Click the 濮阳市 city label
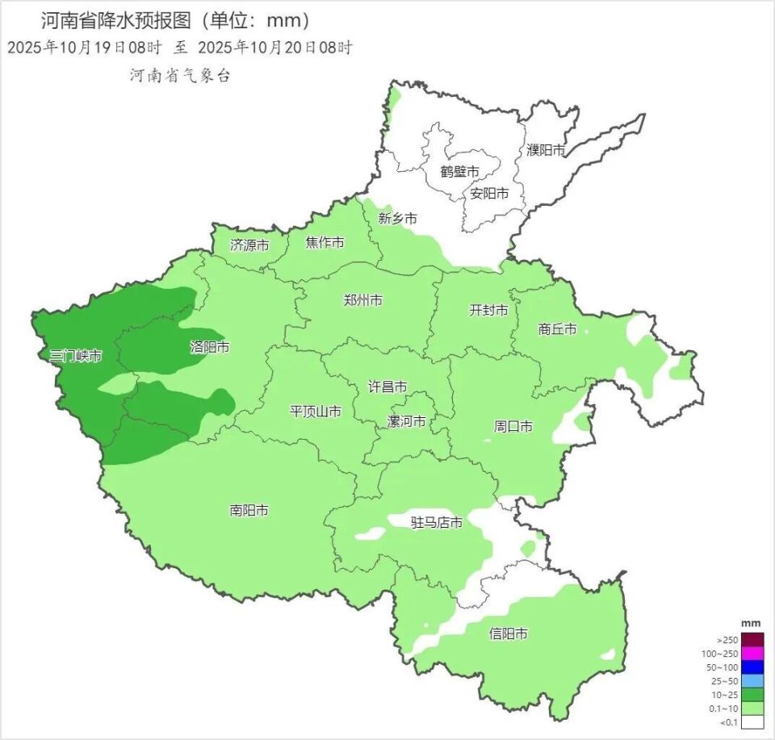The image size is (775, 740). (547, 150)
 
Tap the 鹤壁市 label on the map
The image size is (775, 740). (460, 172)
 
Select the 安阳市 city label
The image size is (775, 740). (490, 194)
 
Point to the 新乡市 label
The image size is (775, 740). (398, 219)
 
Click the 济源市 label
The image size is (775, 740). (249, 245)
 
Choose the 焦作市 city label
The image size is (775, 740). (325, 243)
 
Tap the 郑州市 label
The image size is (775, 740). (363, 300)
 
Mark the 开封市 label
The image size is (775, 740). (489, 310)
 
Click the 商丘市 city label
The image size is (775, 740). (558, 329)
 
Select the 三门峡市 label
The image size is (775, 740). (76, 356)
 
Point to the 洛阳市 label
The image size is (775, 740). (210, 348)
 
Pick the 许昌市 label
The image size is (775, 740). (387, 387)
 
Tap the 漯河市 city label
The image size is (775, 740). (407, 421)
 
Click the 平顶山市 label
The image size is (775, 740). (316, 412)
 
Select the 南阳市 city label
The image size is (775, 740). (249, 510)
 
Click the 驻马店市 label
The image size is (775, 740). (437, 523)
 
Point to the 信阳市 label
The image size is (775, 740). (509, 634)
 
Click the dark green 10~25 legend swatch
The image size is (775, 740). (752, 694)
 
